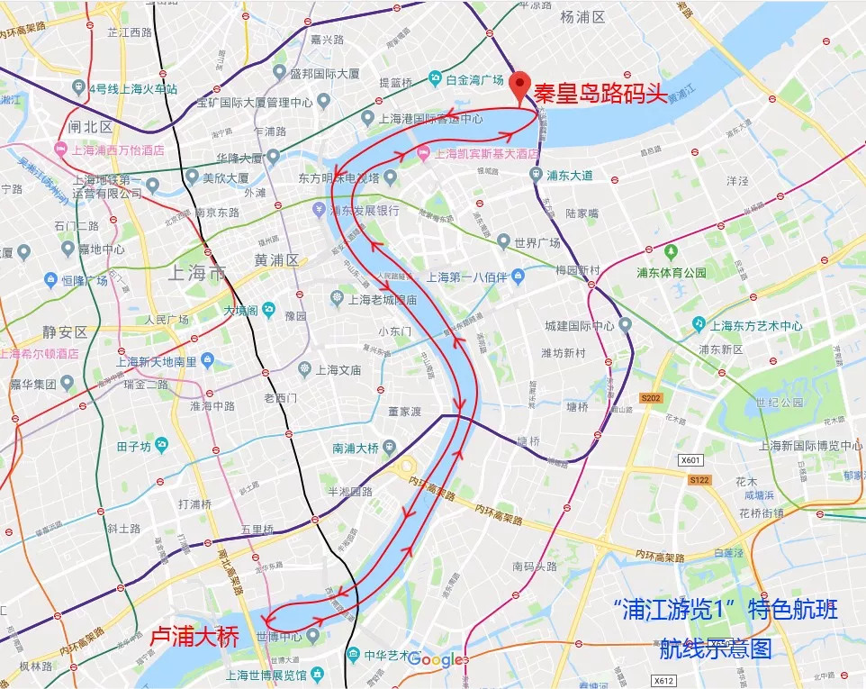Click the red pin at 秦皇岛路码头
coord(519,86)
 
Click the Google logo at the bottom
coord(438,660)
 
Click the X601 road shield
coord(690,460)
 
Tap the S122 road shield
coord(699,481)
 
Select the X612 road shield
coord(663,681)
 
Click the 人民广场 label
coord(167,320)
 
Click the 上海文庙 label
coord(338,369)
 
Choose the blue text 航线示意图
coord(716,648)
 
